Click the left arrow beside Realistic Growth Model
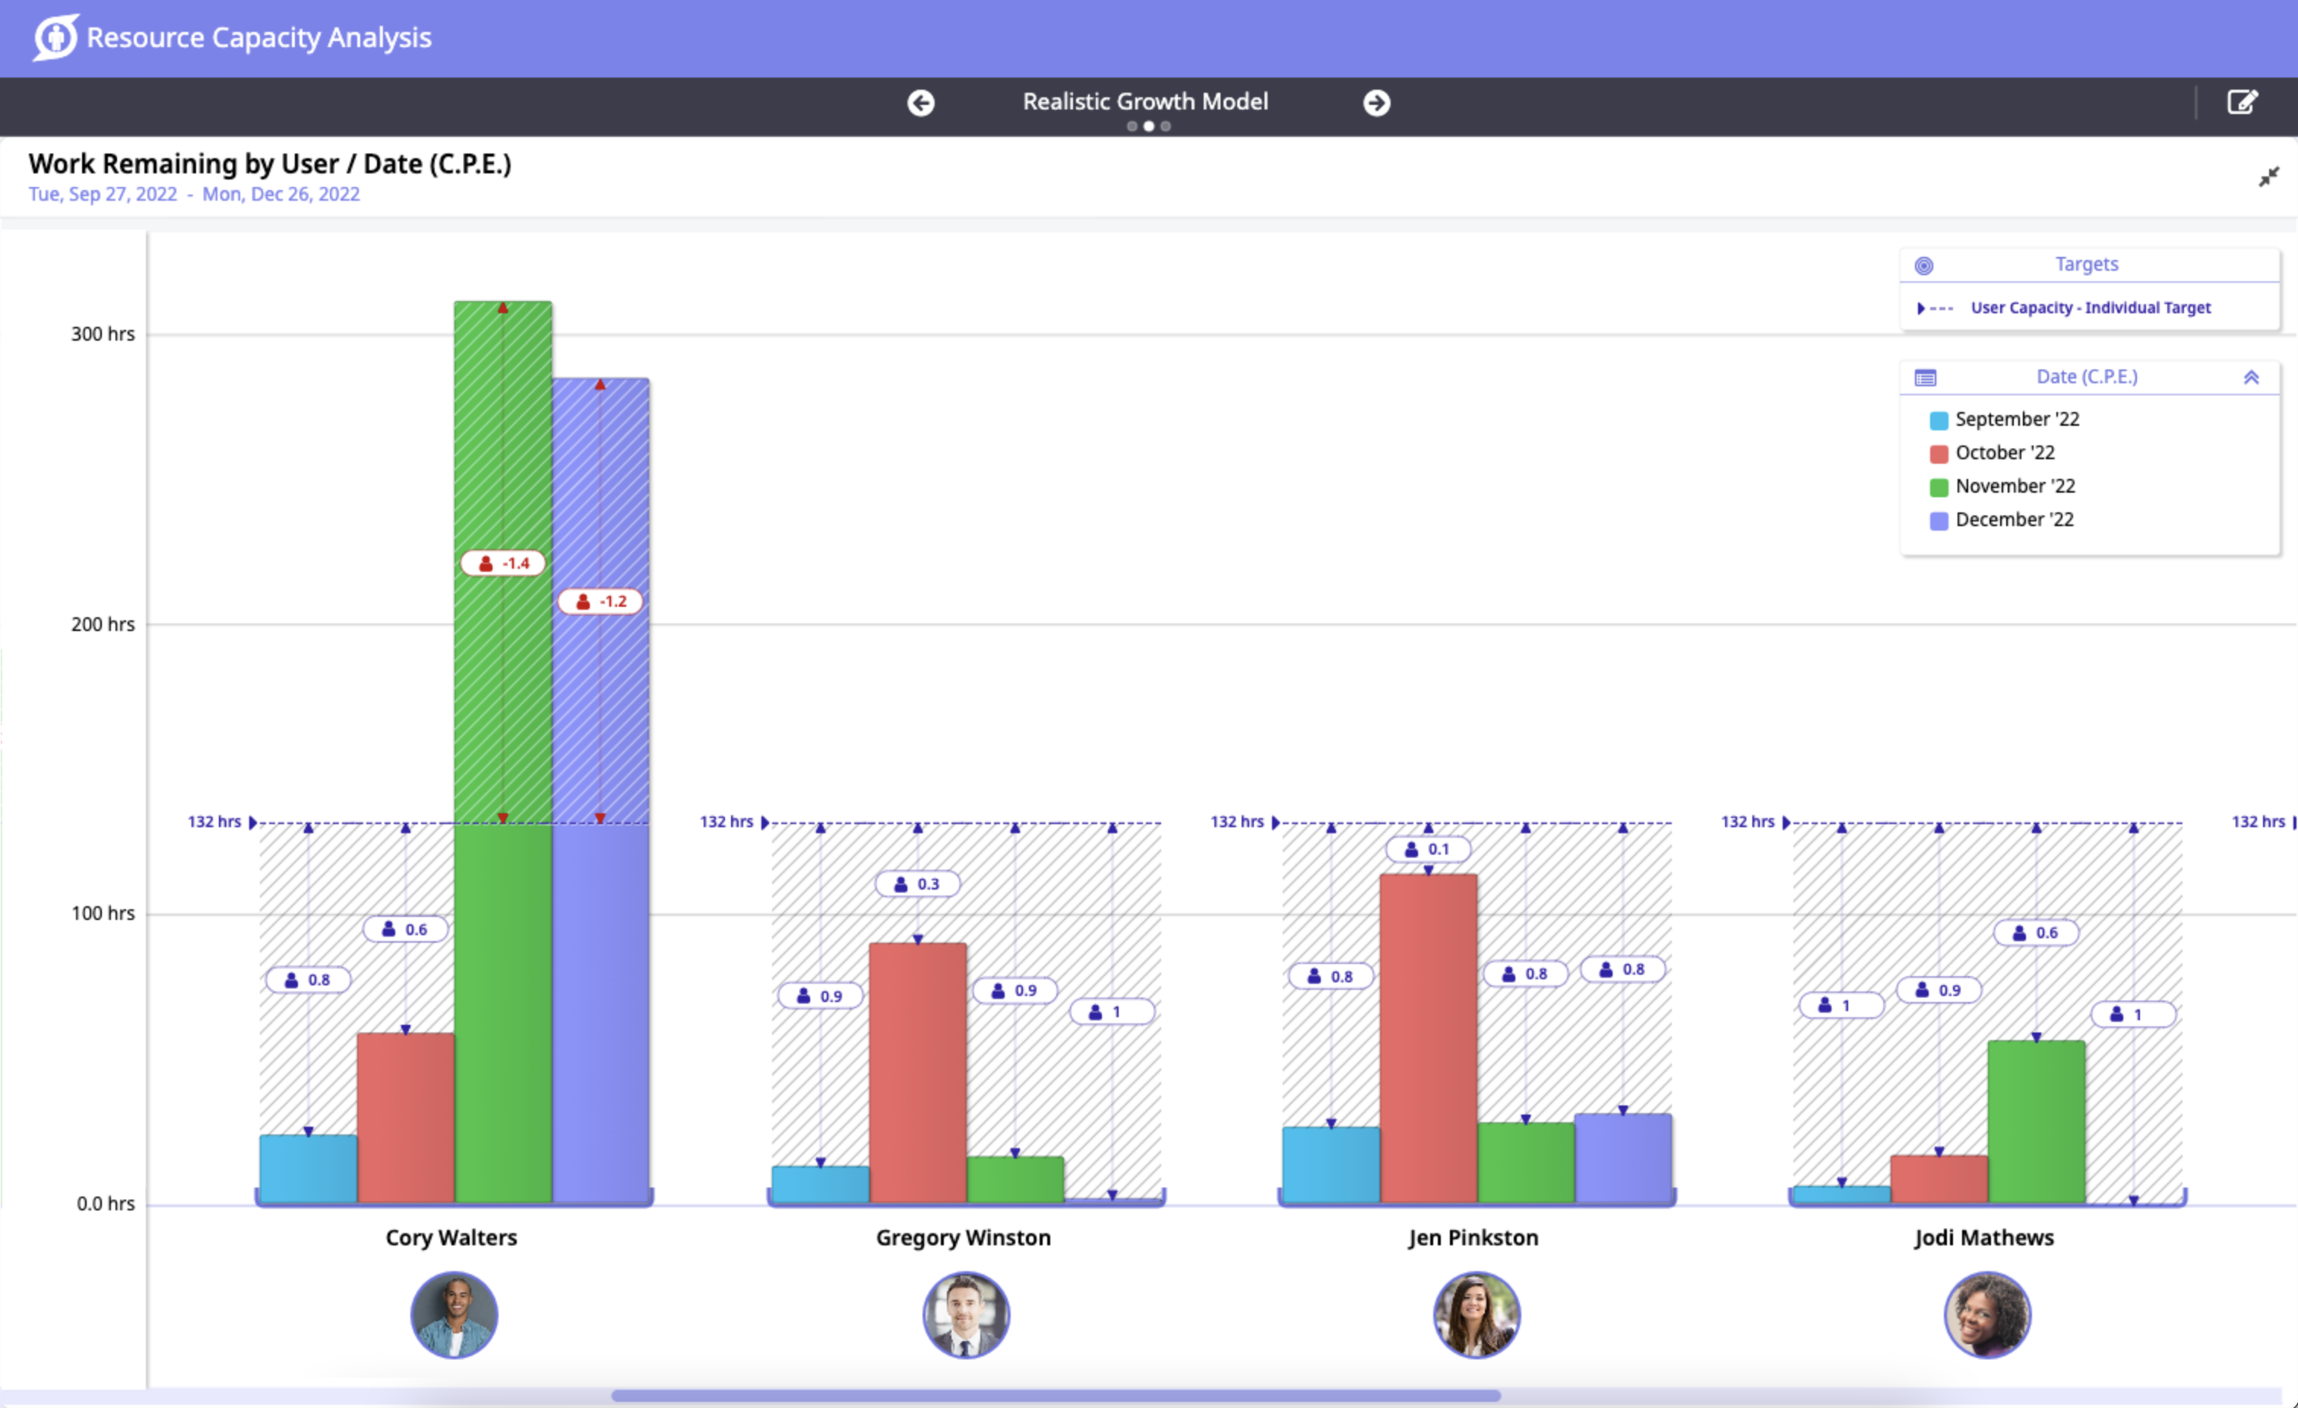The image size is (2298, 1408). (920, 103)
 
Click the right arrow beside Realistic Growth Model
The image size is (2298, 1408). (1376, 103)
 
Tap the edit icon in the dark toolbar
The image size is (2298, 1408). (2242, 102)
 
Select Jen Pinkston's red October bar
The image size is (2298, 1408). (1428, 1035)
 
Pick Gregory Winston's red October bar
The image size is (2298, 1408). (918, 1073)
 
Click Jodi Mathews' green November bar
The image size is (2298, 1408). (2036, 1120)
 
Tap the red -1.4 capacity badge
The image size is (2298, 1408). (504, 563)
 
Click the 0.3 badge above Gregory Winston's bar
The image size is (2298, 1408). (918, 883)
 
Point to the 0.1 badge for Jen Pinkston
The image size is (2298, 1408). (1428, 849)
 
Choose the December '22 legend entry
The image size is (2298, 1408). (2014, 520)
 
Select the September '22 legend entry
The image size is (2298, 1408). (2016, 419)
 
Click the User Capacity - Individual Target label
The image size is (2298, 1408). (2090, 308)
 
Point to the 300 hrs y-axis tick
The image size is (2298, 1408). (103, 334)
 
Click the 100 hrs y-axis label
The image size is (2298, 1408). (103, 914)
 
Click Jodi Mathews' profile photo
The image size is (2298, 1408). (1986, 1314)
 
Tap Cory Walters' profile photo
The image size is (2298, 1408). (454, 1314)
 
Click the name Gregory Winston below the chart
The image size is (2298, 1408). (963, 1237)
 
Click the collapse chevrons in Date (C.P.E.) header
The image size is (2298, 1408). (2250, 377)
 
